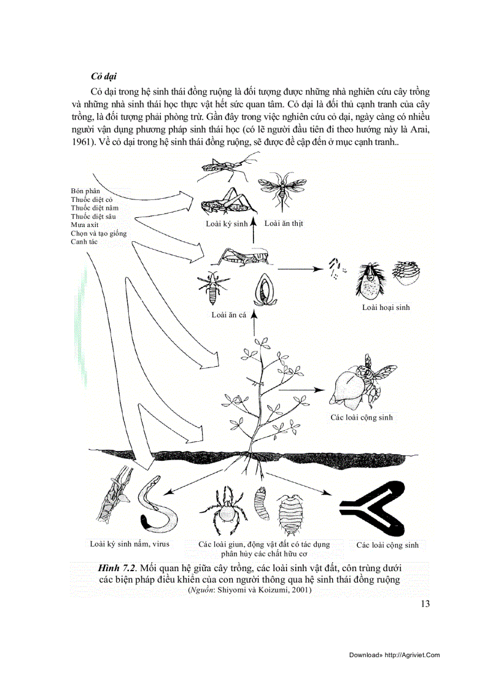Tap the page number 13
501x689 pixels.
coord(425,604)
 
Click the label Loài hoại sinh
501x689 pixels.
coord(386,307)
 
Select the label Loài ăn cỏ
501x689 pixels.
coord(228,315)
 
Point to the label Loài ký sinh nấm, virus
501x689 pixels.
coord(130,544)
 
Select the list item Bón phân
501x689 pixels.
coord(85,191)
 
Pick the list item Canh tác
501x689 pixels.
coord(85,242)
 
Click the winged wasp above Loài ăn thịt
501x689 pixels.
coord(281,187)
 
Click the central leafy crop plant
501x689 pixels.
coord(264,393)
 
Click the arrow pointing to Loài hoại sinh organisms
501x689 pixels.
coord(300,268)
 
